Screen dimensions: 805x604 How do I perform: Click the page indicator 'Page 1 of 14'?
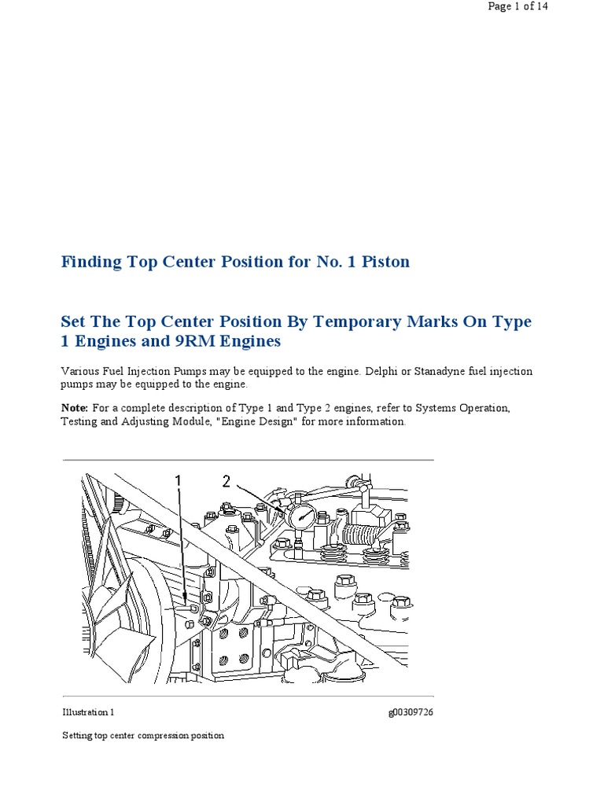[x=517, y=6]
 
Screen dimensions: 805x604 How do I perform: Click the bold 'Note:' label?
[x=75, y=408]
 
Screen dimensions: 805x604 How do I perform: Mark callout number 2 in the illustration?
[x=226, y=482]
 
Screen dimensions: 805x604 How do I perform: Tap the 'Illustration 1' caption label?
[x=88, y=712]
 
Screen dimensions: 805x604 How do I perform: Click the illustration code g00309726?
[x=411, y=713]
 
